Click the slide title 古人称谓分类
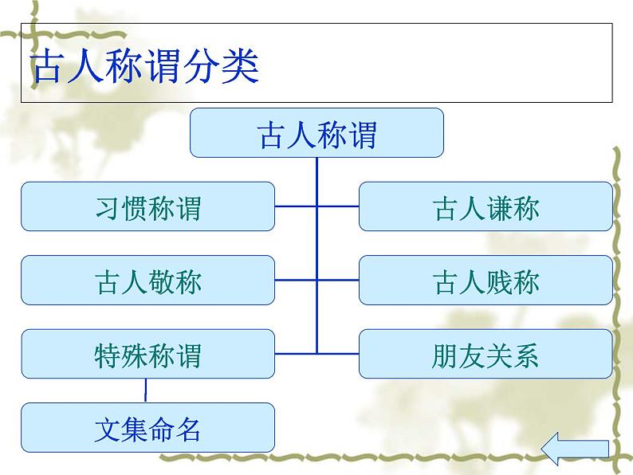(x=145, y=69)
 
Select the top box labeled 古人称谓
(x=316, y=133)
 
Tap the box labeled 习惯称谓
(x=147, y=207)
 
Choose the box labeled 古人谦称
(x=486, y=207)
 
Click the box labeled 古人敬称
(x=147, y=281)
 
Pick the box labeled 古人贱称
(x=486, y=281)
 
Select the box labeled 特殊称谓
(x=147, y=354)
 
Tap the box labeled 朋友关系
(x=486, y=354)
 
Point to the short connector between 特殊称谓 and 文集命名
(x=146, y=390)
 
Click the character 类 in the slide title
(x=242, y=69)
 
